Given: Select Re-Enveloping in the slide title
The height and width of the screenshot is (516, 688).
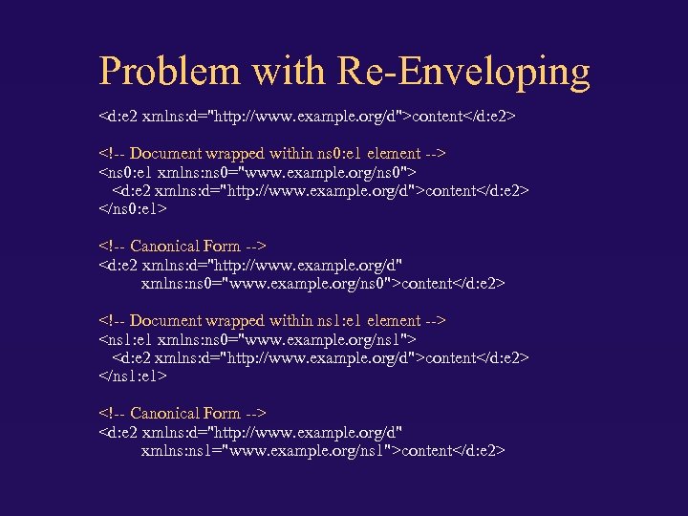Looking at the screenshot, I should pyautogui.click(x=463, y=73).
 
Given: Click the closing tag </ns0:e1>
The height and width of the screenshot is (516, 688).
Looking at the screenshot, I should pyautogui.click(x=134, y=208).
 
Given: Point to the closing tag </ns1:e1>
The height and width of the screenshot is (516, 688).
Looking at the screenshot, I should pyautogui.click(x=134, y=376).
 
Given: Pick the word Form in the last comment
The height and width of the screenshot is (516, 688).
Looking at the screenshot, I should pyautogui.click(x=222, y=414).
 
